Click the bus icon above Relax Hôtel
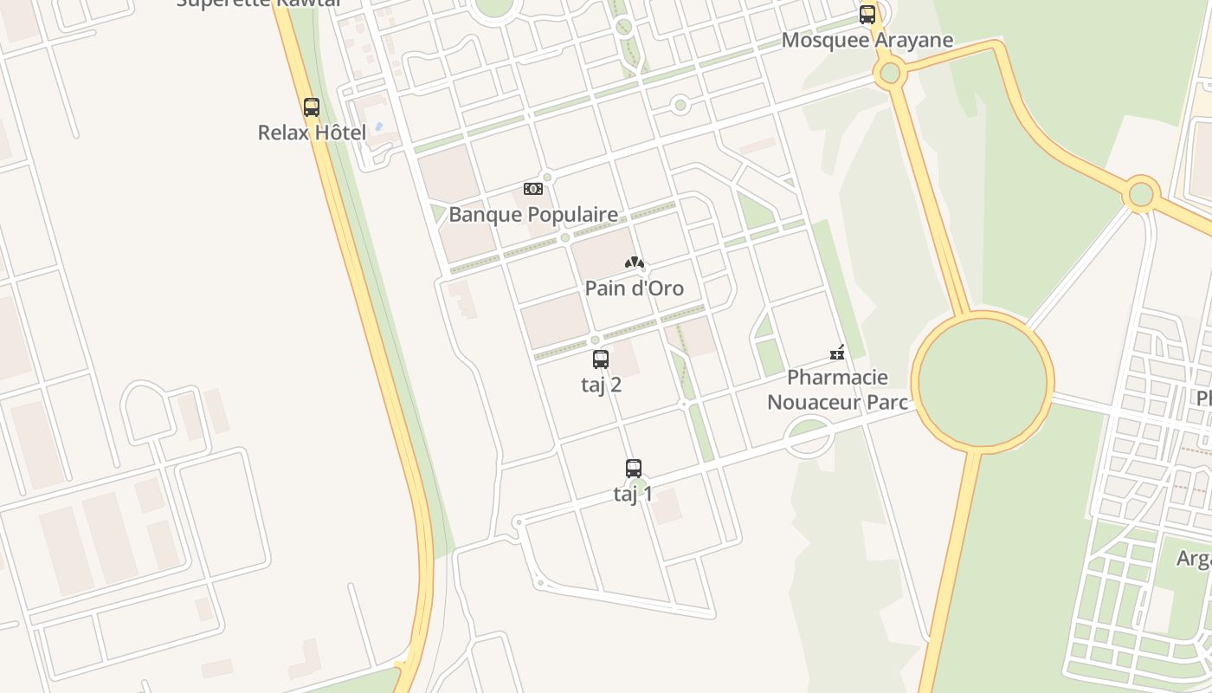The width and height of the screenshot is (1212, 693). tap(312, 107)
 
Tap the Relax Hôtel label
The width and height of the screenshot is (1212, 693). tap(313, 133)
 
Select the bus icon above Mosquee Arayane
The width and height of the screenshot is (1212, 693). tap(867, 15)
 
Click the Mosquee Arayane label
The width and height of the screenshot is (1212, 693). tap(867, 40)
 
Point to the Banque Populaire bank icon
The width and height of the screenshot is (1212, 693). tap(533, 189)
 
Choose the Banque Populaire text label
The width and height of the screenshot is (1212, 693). tap(533, 214)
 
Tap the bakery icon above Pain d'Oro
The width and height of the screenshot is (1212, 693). tap(635, 262)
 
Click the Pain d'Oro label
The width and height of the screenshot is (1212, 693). tap(635, 288)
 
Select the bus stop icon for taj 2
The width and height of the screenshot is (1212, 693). tap(601, 359)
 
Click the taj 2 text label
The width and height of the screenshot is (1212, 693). tap(601, 385)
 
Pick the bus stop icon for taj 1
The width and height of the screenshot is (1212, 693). tap(634, 469)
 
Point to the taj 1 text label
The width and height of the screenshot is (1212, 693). tap(634, 494)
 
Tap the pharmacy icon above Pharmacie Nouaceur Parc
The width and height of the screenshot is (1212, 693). tap(837, 352)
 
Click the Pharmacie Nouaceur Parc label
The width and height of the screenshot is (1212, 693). tap(837, 390)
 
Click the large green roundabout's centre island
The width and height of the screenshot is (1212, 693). tap(983, 382)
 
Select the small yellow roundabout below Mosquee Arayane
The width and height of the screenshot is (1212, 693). tap(890, 74)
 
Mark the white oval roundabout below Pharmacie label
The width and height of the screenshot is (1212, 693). tap(809, 437)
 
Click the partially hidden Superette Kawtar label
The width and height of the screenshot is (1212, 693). tap(258, 3)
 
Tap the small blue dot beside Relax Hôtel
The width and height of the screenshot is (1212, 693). tap(378, 126)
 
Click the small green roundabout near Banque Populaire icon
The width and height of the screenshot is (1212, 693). tap(547, 177)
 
